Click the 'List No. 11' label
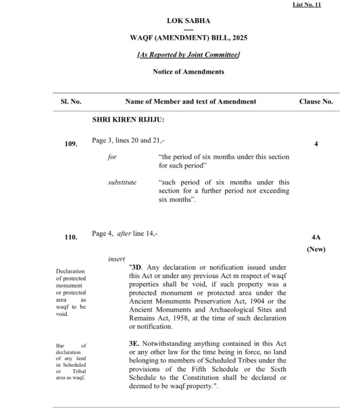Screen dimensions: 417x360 pyautogui.click(x=307, y=5)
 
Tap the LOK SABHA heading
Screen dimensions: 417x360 pyautogui.click(x=188, y=21)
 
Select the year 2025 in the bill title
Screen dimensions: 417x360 pyautogui.click(x=238, y=38)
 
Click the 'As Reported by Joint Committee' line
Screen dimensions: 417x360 pyautogui.click(x=188, y=54)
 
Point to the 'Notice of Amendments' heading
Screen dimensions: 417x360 pyautogui.click(x=188, y=72)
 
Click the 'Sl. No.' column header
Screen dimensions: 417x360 pyautogui.click(x=71, y=102)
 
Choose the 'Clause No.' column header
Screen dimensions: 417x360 pyautogui.click(x=316, y=102)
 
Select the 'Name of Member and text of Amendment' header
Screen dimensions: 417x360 pyautogui.click(x=190, y=102)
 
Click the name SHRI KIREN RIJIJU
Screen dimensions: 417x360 pyautogui.click(x=128, y=120)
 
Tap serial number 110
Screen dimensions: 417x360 pyautogui.click(x=71, y=237)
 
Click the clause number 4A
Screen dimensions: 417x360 pyautogui.click(x=316, y=237)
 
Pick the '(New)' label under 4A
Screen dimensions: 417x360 pyautogui.click(x=316, y=249)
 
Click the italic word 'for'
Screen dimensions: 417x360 pyautogui.click(x=113, y=157)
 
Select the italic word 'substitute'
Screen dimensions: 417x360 pyautogui.click(x=122, y=183)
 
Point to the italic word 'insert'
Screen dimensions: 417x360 pyautogui.click(x=116, y=259)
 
